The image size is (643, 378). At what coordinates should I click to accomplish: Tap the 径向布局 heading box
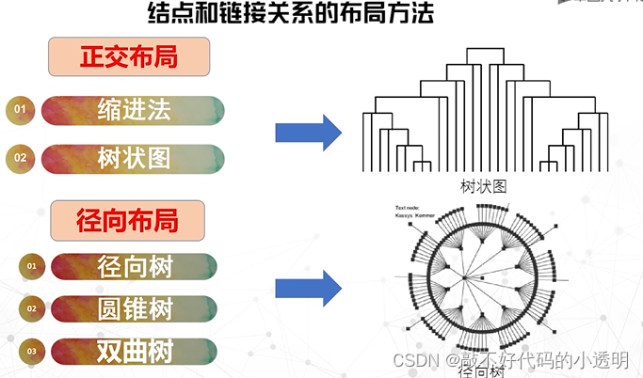point(128,222)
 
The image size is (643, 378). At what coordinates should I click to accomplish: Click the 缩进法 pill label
point(134,110)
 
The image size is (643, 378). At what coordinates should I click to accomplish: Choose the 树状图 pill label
point(134,158)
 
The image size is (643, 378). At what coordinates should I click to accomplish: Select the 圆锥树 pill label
point(135,308)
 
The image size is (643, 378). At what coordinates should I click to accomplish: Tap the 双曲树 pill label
point(135,352)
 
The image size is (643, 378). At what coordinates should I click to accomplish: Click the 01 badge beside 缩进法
point(19,111)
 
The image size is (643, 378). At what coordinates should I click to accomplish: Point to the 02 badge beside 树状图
point(20,158)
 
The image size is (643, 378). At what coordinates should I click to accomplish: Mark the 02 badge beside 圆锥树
point(31,308)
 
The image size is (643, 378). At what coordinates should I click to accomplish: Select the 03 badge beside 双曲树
point(31,352)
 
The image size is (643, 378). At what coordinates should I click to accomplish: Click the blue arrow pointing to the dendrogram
point(307,133)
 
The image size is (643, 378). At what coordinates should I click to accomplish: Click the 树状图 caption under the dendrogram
point(484,185)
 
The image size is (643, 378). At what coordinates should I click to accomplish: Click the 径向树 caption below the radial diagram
point(480,371)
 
